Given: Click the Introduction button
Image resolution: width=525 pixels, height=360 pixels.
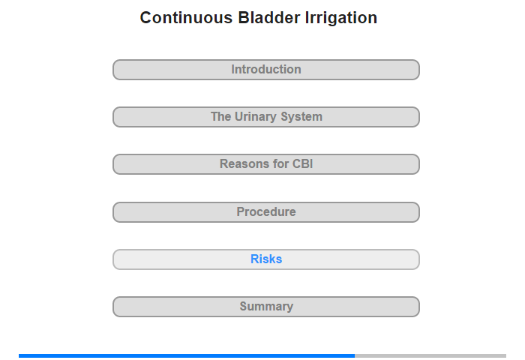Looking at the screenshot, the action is click(x=266, y=70).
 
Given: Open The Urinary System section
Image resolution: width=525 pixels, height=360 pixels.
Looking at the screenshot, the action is click(x=266, y=117).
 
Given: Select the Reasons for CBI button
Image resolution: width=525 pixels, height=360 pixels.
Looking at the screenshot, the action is click(x=266, y=164).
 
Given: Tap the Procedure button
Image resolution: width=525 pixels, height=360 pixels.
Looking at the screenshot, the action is click(x=266, y=212).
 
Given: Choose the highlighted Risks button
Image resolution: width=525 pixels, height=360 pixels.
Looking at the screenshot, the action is click(x=266, y=259).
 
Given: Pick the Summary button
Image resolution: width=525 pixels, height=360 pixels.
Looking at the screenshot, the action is click(x=266, y=307).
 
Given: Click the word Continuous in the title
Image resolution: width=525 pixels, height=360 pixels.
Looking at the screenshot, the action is click(x=186, y=18).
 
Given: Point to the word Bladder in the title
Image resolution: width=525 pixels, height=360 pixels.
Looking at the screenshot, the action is click(x=268, y=18).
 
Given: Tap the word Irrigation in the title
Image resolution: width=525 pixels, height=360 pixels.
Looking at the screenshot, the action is click(x=340, y=19).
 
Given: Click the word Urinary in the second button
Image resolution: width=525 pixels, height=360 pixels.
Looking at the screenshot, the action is click(x=256, y=117).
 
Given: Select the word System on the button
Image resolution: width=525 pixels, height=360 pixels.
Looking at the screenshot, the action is click(x=301, y=117).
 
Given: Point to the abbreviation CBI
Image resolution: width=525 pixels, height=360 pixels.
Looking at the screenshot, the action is click(x=303, y=163).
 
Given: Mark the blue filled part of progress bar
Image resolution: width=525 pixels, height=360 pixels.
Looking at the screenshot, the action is click(x=187, y=355).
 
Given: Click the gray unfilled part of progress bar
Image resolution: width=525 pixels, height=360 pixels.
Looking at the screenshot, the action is click(x=430, y=355).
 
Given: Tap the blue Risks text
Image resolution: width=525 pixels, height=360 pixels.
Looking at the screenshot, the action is click(x=266, y=259).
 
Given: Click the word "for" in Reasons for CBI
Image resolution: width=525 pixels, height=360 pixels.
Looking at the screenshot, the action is click(x=281, y=163).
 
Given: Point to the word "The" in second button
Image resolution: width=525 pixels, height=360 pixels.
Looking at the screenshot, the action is click(x=220, y=116).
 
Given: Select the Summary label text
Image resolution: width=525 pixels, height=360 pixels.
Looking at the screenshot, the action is click(x=266, y=307).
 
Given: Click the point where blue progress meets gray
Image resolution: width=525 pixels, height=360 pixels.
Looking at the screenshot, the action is click(x=355, y=355).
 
